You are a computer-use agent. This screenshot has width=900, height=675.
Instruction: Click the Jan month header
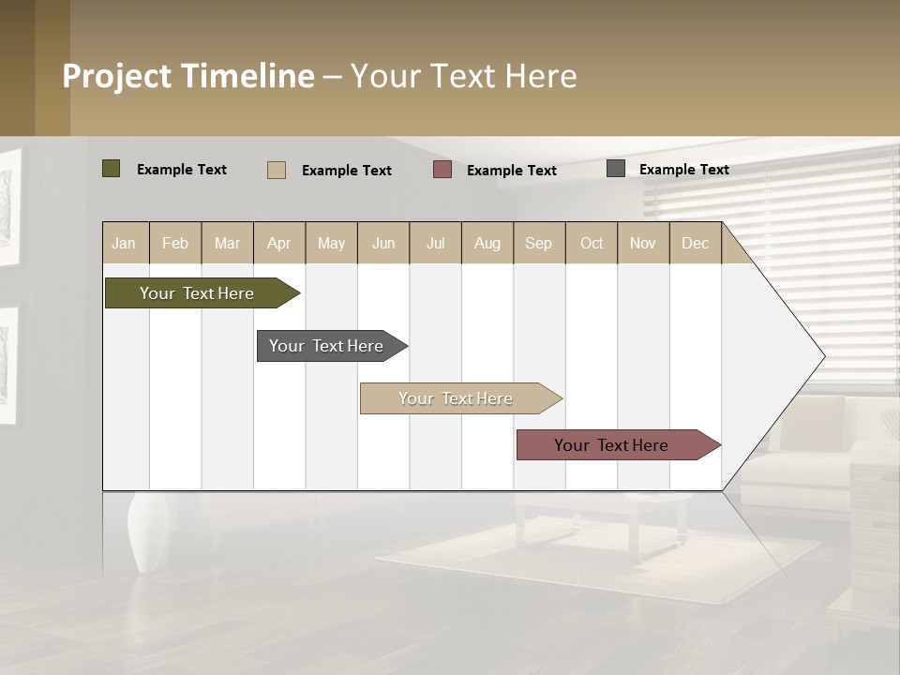(x=124, y=244)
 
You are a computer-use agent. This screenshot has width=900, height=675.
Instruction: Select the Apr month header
(x=278, y=244)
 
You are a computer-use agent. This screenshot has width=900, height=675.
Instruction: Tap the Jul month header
(x=435, y=244)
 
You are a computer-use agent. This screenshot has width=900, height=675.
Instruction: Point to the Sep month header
(x=538, y=244)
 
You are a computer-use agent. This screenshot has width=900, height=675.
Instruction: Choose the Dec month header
(x=695, y=244)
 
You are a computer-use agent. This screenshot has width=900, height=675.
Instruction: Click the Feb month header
(x=175, y=244)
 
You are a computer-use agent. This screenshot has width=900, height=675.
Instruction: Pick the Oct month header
(x=592, y=244)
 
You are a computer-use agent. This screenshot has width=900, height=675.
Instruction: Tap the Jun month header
(x=383, y=244)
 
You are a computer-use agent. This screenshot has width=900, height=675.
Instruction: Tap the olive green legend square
(x=112, y=169)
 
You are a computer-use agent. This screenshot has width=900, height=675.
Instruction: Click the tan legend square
(x=277, y=170)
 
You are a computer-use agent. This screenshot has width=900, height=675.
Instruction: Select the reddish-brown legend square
(x=442, y=170)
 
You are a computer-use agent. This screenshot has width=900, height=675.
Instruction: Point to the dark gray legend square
(x=616, y=169)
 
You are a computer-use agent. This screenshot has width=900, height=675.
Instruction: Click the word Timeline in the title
(x=247, y=76)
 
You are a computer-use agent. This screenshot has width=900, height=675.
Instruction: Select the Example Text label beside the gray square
(x=683, y=170)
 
